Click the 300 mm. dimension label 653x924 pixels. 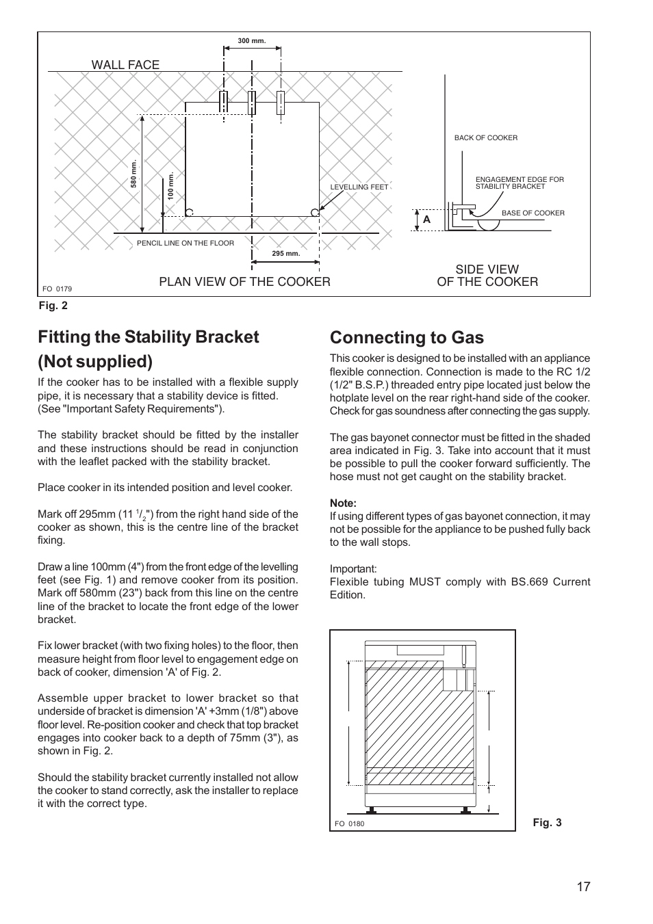point(251,41)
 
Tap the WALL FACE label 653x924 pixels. point(125,65)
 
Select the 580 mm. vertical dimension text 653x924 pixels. point(134,174)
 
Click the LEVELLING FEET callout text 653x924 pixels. point(359,187)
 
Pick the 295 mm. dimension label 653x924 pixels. point(286,254)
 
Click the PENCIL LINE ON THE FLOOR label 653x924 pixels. point(185,243)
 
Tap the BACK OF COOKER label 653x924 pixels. point(485,138)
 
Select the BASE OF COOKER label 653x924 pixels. point(533,213)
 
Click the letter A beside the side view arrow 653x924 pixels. point(426,220)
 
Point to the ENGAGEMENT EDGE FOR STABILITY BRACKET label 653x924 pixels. point(519,183)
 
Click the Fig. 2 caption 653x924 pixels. point(53,306)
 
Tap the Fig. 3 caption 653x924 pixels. point(547,823)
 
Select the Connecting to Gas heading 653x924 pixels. point(407,337)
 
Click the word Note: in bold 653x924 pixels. point(343,503)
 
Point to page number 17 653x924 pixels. point(582,887)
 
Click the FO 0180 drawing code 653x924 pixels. point(349,823)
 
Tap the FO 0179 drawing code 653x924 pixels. point(57,289)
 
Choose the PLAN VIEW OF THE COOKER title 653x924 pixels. point(244,282)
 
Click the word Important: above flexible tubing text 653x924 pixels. point(353,569)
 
